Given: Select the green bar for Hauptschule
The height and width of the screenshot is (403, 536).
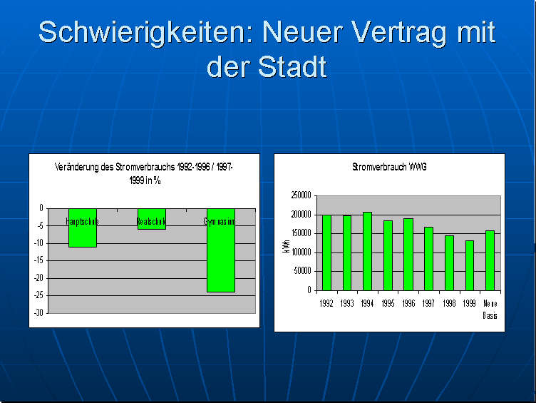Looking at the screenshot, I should [83, 228].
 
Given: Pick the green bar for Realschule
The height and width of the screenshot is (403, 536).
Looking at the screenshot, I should [151, 219].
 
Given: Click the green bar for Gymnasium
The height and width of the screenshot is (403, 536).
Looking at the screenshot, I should [221, 250].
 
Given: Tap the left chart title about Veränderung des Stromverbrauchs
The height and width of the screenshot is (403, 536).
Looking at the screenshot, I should [143, 173].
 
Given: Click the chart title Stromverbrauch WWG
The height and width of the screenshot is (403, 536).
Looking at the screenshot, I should [389, 167].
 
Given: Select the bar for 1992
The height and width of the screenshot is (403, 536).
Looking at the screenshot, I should [327, 252].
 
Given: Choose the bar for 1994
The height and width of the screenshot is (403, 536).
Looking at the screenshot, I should [368, 251].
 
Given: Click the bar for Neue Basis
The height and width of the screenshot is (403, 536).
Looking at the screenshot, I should [490, 260].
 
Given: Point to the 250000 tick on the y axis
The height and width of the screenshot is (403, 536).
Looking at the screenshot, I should [301, 195].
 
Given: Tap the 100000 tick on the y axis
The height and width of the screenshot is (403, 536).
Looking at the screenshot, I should [301, 252].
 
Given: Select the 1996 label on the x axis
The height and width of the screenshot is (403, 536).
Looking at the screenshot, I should [408, 302].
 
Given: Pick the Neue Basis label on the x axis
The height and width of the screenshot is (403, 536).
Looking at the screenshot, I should [490, 308].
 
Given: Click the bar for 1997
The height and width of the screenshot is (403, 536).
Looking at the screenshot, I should [428, 258].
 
